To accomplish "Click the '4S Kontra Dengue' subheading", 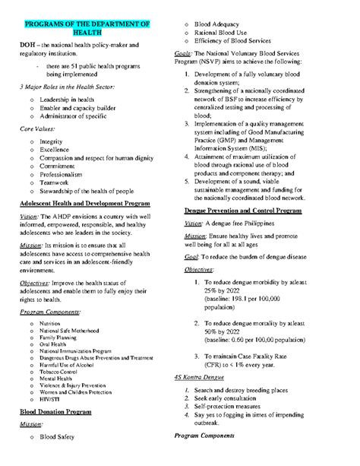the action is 207,377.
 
